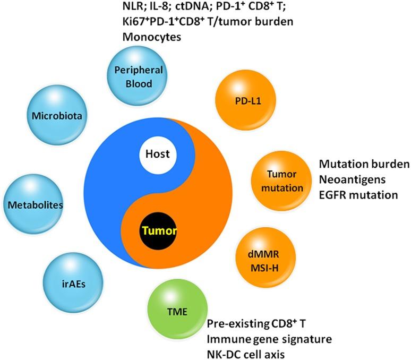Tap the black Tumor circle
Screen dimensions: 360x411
point(159,231)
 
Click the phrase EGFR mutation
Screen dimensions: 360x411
point(358,195)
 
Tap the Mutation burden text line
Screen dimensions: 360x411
point(364,164)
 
